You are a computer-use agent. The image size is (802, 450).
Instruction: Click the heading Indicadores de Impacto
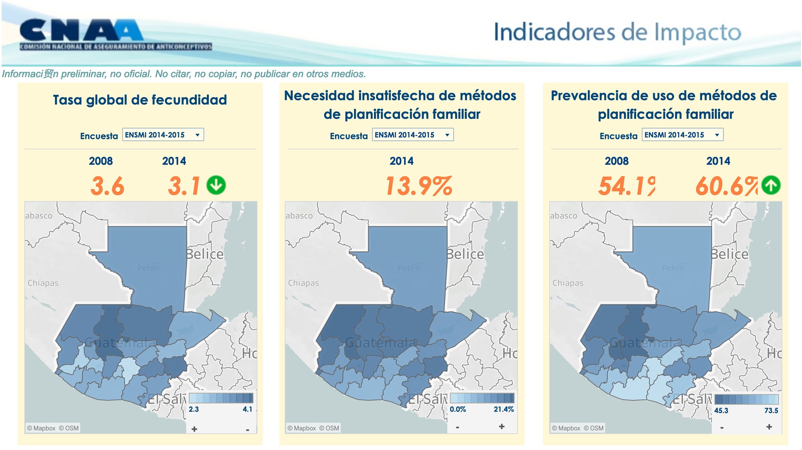pos(617,32)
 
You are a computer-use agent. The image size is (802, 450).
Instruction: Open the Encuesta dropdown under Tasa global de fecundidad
pos(163,135)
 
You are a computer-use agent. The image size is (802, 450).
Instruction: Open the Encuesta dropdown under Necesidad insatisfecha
pos(413,135)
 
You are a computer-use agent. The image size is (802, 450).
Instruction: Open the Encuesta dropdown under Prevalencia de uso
pos(682,135)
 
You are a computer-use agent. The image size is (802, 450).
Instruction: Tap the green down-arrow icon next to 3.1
pos(216,185)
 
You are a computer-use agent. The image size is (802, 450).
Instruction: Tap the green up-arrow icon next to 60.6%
pos(771,185)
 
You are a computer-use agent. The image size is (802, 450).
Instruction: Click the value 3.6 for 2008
pos(107,186)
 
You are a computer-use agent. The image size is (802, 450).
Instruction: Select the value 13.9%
pos(419,186)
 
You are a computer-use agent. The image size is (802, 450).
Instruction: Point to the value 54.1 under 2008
pos(626,186)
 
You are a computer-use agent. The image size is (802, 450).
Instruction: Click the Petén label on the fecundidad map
pos(148,268)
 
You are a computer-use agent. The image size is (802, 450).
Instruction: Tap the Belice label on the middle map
pos(465,254)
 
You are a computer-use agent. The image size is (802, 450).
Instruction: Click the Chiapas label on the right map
pos(568,283)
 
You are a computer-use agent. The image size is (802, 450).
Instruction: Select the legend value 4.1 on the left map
pos(247,409)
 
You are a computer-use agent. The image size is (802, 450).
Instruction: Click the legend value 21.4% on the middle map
pos(504,409)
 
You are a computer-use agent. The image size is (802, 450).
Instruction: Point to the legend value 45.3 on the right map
pos(721,411)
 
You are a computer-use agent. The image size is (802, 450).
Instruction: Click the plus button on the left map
pos(195,429)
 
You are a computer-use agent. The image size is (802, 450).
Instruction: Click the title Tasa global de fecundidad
pos(140,100)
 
